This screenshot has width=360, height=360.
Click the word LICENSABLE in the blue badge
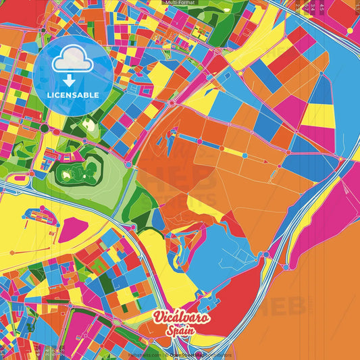74,95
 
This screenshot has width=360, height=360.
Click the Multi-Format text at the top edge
180,3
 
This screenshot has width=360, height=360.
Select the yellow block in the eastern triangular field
316,115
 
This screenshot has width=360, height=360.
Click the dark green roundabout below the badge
45,128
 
